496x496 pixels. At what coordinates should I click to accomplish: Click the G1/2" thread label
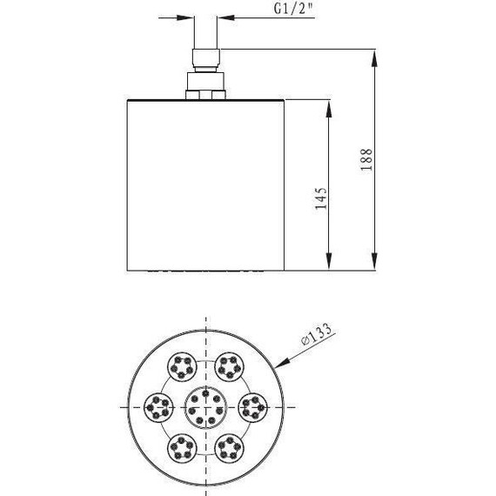(x=293, y=9)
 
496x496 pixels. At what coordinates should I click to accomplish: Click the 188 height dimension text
(x=366, y=160)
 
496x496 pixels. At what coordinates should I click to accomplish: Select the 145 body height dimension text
(x=321, y=198)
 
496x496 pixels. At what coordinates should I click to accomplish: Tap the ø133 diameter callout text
(x=316, y=334)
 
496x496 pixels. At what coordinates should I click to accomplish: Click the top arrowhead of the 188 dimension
(x=374, y=58)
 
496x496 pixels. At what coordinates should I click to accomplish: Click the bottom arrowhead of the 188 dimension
(x=374, y=262)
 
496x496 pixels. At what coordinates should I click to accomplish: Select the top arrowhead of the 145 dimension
(x=329, y=109)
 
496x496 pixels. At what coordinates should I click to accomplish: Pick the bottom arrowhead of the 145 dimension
(x=329, y=262)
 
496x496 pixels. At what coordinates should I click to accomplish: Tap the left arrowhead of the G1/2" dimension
(x=184, y=17)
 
